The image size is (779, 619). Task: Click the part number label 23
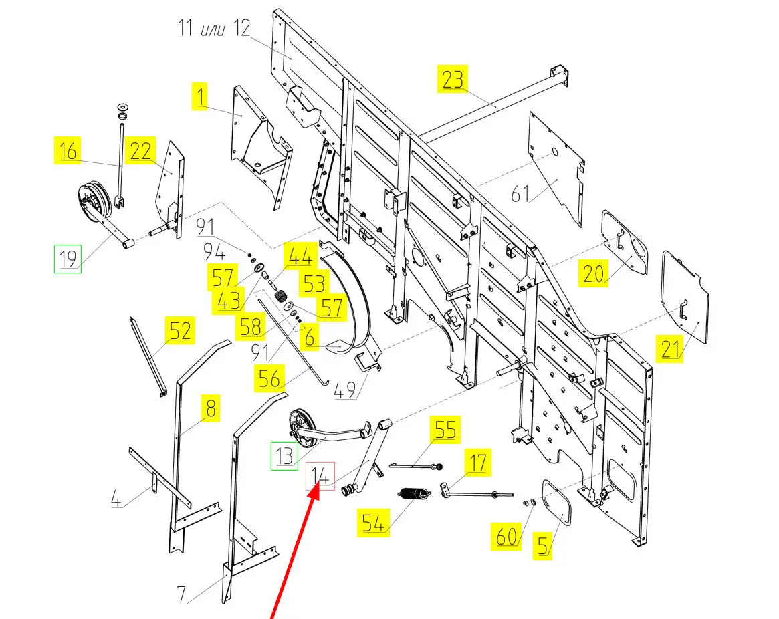coord(452,79)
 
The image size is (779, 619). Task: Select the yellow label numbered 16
coord(68,151)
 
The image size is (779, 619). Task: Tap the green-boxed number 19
coord(68,259)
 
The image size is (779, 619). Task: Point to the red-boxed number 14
coord(320,476)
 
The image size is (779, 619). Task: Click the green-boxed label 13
coord(284,456)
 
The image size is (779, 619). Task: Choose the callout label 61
coord(520,194)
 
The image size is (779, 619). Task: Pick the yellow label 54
coord(373,523)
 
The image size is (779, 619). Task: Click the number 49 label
coord(345,391)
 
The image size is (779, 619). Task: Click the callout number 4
coord(116,499)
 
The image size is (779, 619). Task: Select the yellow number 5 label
coord(542,545)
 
